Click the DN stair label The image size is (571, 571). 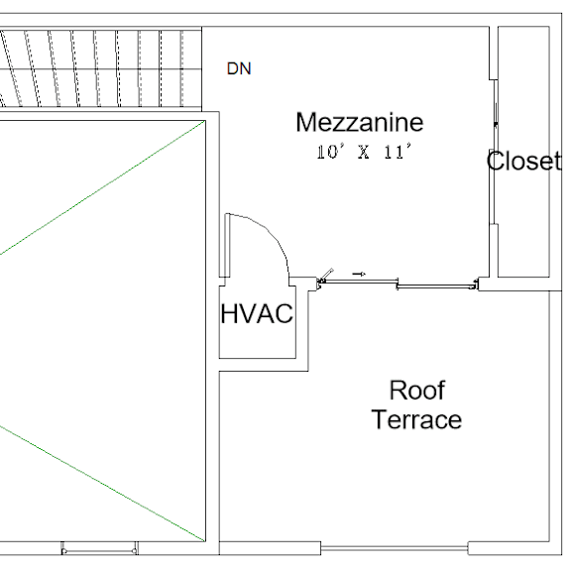coord(239,68)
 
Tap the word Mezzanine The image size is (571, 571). coord(360,122)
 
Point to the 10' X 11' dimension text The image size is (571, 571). coord(364,152)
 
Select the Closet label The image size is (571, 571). coord(523,161)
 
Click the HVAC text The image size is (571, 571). coord(257,313)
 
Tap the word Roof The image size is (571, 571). coord(417,390)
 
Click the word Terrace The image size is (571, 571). coord(416,419)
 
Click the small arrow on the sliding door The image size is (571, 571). coord(359,274)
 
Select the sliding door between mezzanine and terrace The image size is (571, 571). coord(398,284)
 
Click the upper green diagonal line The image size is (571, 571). coord(102,188)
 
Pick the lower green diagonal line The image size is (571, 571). coord(102,483)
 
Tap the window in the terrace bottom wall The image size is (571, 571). coord(395,547)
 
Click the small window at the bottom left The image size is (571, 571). coord(99,550)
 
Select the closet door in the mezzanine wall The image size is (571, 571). coord(494,152)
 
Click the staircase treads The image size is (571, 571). coord(101,68)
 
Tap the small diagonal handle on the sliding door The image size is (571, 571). coord(328,275)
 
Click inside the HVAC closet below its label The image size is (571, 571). coord(257,342)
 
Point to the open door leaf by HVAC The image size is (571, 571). coord(228,246)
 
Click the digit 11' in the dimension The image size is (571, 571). coord(398,152)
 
